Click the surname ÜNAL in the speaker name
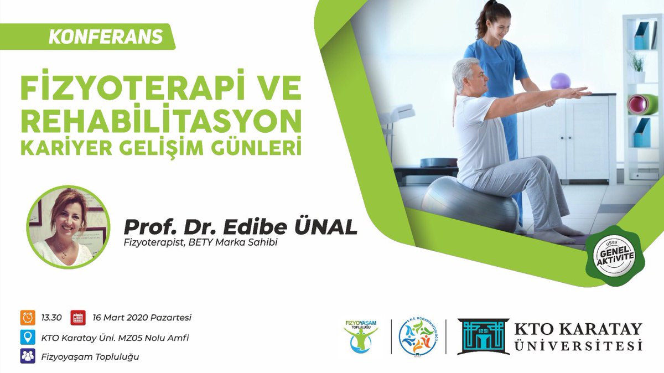[x=327, y=226]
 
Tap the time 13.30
[x=50, y=318]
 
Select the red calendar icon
[x=78, y=318]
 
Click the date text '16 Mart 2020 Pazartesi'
[x=142, y=318]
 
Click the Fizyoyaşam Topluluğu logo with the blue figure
[x=361, y=337]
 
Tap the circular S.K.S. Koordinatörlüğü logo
[x=418, y=336]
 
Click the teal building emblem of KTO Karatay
[x=483, y=336]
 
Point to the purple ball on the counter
[x=560, y=81]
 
